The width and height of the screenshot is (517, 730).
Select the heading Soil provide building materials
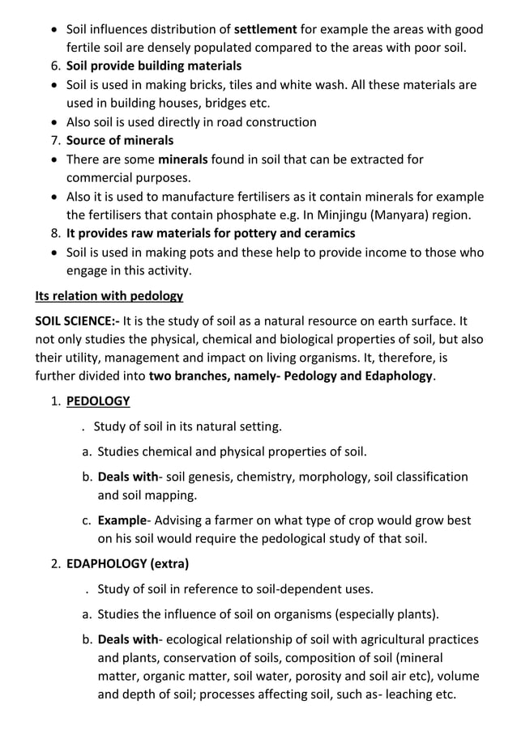click(x=153, y=66)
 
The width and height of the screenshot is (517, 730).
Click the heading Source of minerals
click(x=119, y=141)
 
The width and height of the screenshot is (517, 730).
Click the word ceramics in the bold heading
click(x=325, y=234)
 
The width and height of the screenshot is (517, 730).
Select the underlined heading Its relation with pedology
click(x=109, y=295)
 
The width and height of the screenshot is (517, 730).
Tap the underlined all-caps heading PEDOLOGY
click(x=97, y=401)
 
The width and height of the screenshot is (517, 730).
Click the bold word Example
click(x=121, y=520)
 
